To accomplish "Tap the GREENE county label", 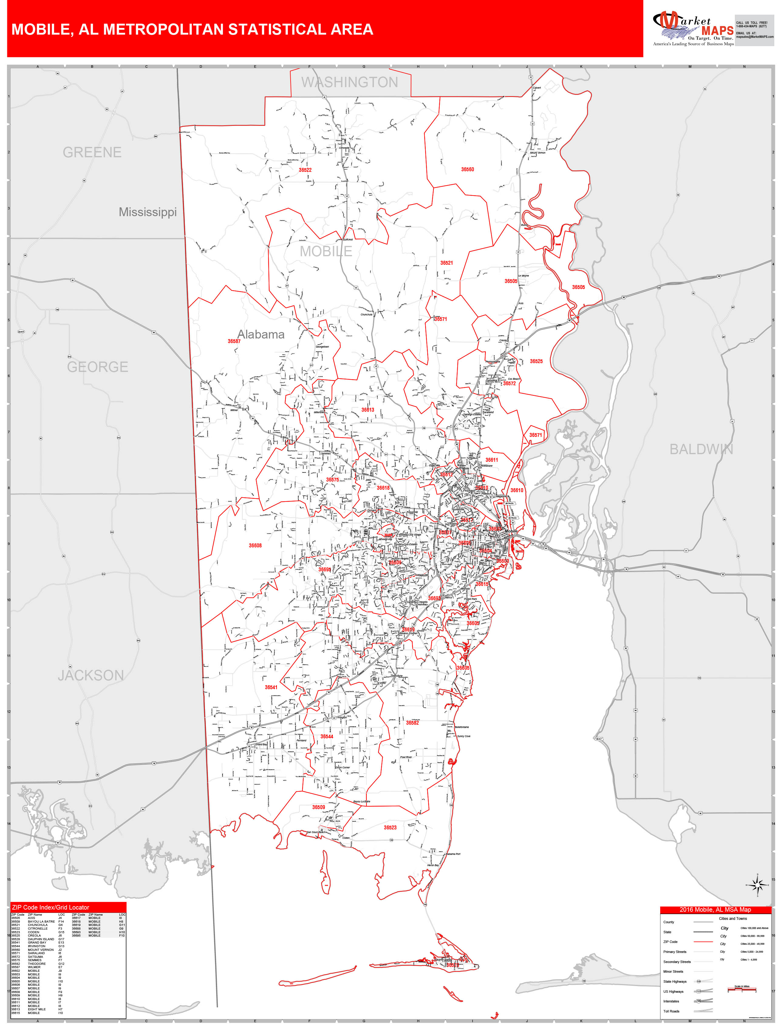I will click(92, 152).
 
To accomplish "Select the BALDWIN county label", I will click(701, 450).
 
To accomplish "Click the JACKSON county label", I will click(91, 675).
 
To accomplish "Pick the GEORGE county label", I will click(98, 367).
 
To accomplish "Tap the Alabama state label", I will click(261, 334).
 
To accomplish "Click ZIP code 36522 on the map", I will click(305, 170).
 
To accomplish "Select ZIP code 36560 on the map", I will click(467, 170).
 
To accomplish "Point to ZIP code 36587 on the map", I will click(234, 341).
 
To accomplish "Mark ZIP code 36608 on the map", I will click(255, 545).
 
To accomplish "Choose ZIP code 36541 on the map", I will click(271, 687).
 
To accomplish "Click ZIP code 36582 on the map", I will click(412, 723).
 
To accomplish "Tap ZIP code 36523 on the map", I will click(390, 827).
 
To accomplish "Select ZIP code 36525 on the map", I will click(536, 361).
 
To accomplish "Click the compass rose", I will click(757, 885).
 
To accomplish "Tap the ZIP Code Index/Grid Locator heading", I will click(51, 907).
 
